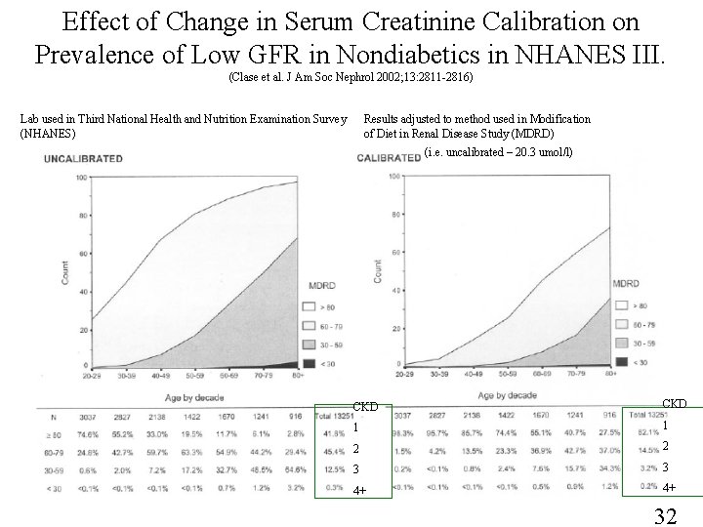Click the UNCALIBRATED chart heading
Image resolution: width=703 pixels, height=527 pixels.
[83, 157]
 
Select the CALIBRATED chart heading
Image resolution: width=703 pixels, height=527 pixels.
[390, 157]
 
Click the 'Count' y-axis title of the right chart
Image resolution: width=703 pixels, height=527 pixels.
[381, 270]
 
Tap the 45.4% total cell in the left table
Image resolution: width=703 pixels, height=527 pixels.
[331, 451]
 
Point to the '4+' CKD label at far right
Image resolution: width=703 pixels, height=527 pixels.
[669, 487]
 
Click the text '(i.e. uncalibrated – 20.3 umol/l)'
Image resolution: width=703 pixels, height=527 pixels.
[499, 152]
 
